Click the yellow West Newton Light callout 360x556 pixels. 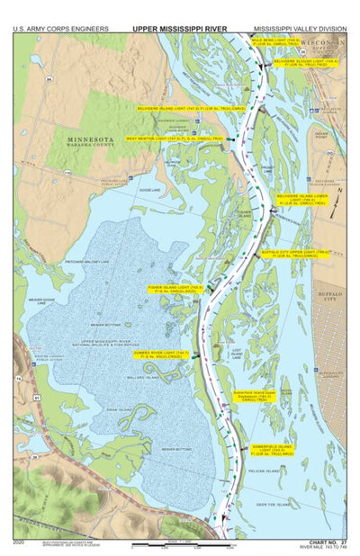tap(174, 139)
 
